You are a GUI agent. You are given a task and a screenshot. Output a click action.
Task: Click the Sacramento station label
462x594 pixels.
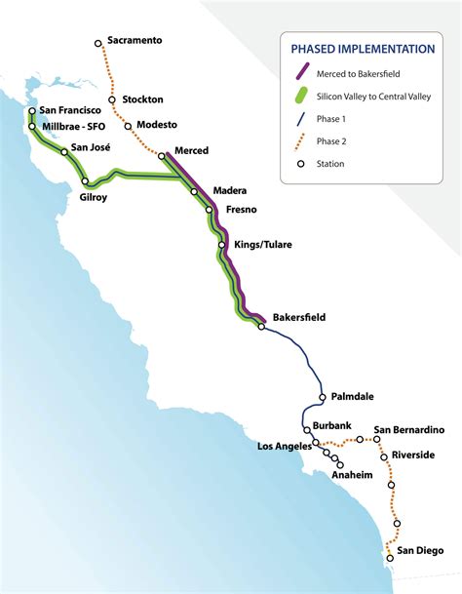click(x=135, y=41)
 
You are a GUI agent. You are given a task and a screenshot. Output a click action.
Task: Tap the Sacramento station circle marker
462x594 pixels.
click(x=98, y=44)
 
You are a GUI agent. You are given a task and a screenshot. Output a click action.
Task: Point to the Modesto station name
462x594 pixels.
click(x=157, y=125)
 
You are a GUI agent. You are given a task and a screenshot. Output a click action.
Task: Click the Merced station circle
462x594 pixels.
click(x=162, y=156)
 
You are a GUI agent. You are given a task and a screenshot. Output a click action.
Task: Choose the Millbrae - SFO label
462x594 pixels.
click(x=79, y=126)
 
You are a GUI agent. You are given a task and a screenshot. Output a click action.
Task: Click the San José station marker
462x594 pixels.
click(x=65, y=151)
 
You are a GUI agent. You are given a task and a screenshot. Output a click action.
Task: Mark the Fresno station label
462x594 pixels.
click(x=241, y=209)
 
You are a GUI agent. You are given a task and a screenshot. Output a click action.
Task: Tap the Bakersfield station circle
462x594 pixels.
click(x=261, y=327)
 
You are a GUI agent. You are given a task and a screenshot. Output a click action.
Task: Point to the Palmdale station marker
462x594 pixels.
click(x=322, y=397)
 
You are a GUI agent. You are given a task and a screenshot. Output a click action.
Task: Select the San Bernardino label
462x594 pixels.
click(x=409, y=430)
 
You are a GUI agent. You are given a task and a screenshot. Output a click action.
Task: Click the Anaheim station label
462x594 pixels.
click(x=355, y=474)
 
